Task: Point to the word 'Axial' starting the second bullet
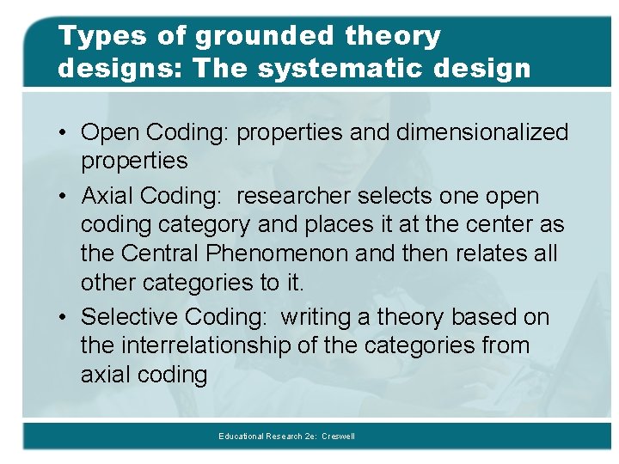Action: click(111, 196)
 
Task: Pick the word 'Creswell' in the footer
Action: click(338, 437)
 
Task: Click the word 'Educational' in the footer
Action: click(242, 437)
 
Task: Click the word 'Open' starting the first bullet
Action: click(111, 132)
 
